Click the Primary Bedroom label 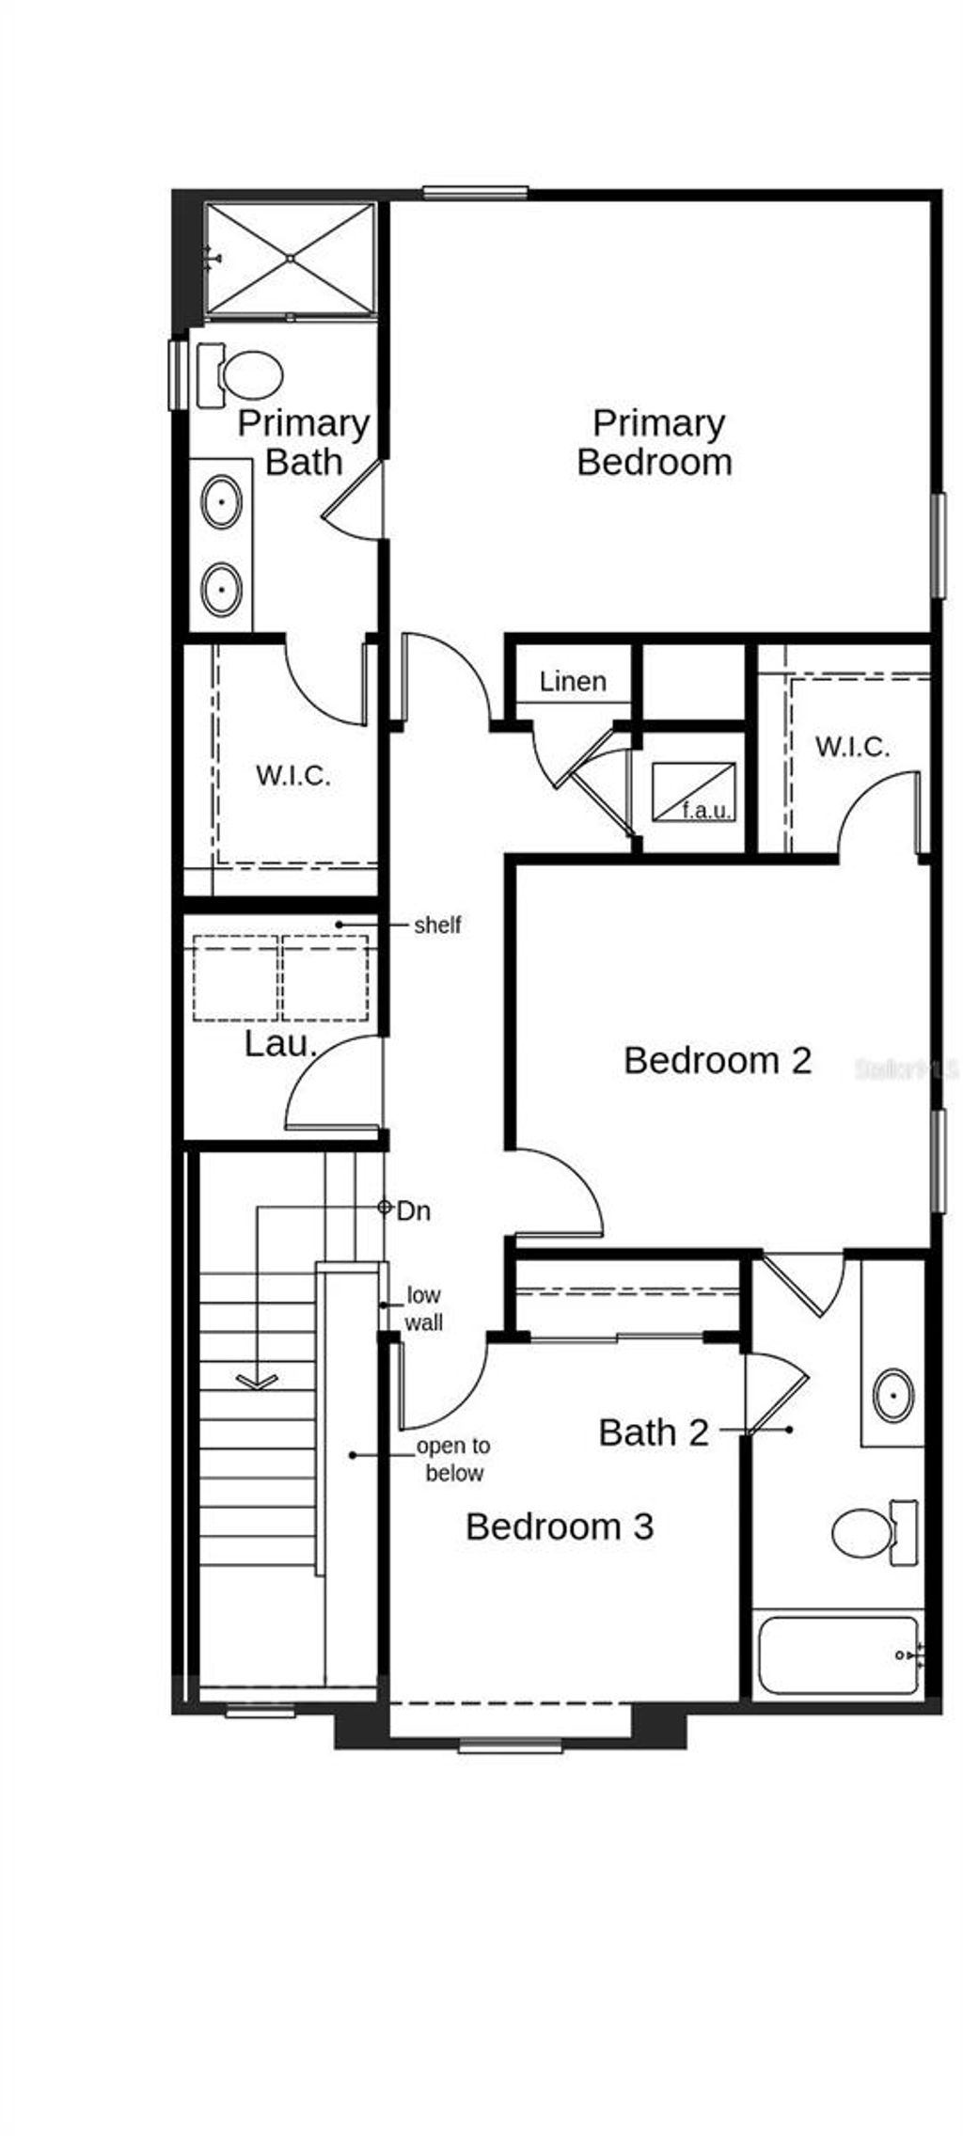[x=655, y=442]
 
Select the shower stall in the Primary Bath [x=291, y=258]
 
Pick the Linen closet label [x=573, y=681]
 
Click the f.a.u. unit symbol [x=694, y=791]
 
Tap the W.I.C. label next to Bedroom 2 [x=852, y=747]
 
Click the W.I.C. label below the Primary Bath [x=292, y=776]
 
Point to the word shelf [x=437, y=926]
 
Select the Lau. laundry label [x=280, y=1043]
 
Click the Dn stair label [x=413, y=1210]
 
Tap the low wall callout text [x=423, y=1309]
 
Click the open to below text [x=453, y=1460]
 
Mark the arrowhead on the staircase [x=257, y=1382]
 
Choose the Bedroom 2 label [x=718, y=1060]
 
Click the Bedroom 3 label [x=560, y=1527]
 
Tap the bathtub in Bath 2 [x=838, y=1655]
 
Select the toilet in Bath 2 [x=864, y=1532]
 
